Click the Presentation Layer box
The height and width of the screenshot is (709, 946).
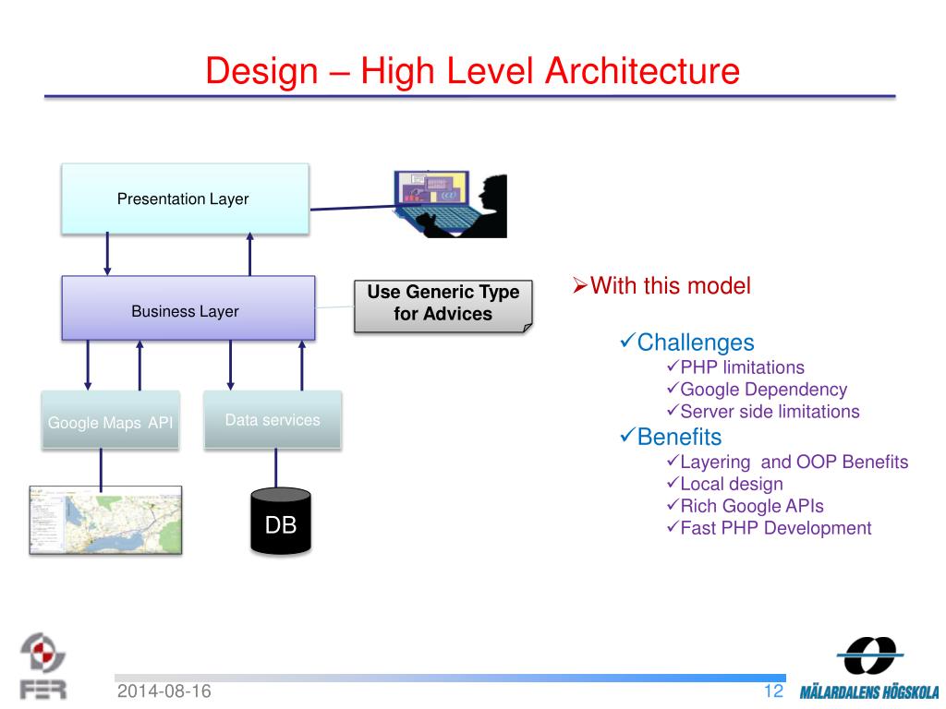point(184,198)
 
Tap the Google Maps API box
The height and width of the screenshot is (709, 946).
point(110,421)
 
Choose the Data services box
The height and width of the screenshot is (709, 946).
point(273,420)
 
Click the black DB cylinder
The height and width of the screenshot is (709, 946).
point(281,522)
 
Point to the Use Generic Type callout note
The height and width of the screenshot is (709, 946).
point(443,304)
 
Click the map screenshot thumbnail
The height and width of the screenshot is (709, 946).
point(104,519)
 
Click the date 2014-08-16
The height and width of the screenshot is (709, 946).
point(164,692)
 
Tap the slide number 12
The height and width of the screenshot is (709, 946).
point(773,691)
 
